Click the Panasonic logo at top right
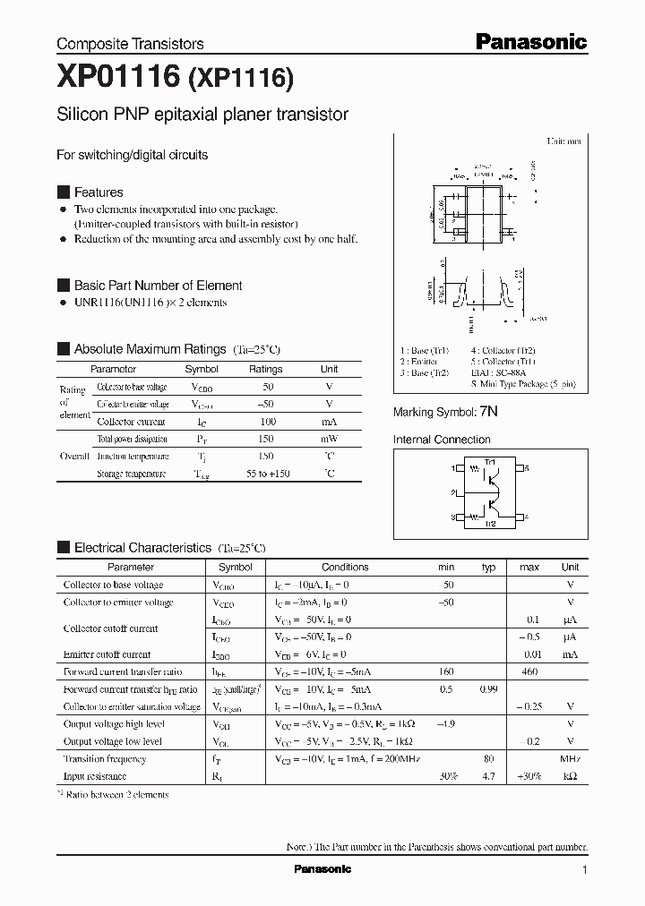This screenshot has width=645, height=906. [x=530, y=41]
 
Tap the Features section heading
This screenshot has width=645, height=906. [x=99, y=192]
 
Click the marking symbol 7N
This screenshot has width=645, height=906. [x=488, y=412]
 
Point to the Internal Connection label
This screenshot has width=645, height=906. [x=442, y=440]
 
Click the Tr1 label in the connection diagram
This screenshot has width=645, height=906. [x=489, y=461]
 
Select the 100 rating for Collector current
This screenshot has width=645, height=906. [x=266, y=422]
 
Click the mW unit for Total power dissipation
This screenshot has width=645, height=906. [x=330, y=439]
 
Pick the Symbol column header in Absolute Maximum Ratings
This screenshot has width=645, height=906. [x=202, y=369]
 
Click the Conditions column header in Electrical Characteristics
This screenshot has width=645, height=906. [x=345, y=567]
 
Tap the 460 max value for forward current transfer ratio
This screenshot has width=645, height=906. [x=529, y=671]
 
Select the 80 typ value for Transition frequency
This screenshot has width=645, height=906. [x=489, y=758]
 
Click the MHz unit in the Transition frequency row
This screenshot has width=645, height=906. [x=570, y=758]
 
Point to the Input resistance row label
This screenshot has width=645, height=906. [x=95, y=776]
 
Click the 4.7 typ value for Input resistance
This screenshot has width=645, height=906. [x=489, y=776]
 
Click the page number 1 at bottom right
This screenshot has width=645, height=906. [x=584, y=870]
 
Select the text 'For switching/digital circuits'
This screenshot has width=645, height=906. [x=133, y=155]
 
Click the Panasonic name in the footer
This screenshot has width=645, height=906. [x=322, y=869]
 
